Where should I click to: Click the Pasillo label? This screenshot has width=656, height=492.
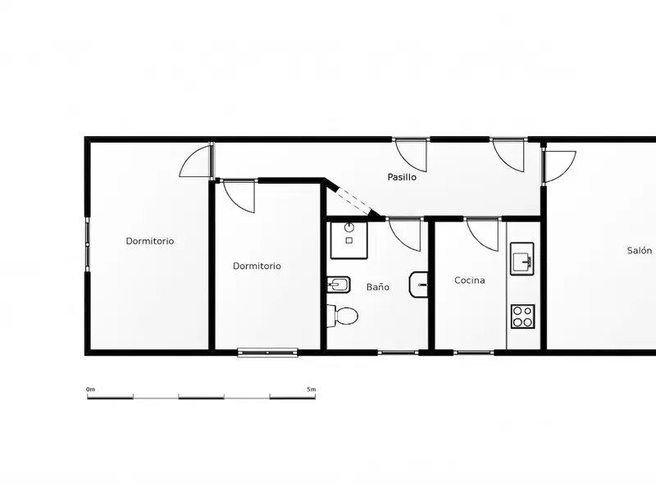point(402,177)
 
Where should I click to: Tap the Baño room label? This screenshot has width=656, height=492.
point(378,286)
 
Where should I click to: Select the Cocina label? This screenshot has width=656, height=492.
point(469,280)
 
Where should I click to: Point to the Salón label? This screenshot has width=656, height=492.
point(640,250)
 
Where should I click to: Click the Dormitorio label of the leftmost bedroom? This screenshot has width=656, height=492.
point(150,240)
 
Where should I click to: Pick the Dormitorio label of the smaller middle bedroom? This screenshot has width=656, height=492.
point(257,266)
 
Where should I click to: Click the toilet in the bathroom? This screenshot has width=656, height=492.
point(342,316)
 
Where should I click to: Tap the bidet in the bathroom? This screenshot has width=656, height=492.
point(338,285)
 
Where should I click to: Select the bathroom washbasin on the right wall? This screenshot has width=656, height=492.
point(418,285)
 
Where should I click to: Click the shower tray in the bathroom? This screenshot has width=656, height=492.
point(349,240)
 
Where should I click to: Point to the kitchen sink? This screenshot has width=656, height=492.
point(522,258)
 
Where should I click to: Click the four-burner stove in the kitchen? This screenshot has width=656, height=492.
point(522,317)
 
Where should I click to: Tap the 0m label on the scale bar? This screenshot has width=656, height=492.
point(90,389)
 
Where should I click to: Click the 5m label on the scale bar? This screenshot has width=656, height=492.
point(312,389)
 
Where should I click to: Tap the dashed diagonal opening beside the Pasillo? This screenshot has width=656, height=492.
point(354,203)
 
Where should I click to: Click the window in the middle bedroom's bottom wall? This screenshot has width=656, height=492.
point(268,353)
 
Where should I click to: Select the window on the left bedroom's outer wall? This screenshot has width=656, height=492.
point(88,244)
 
